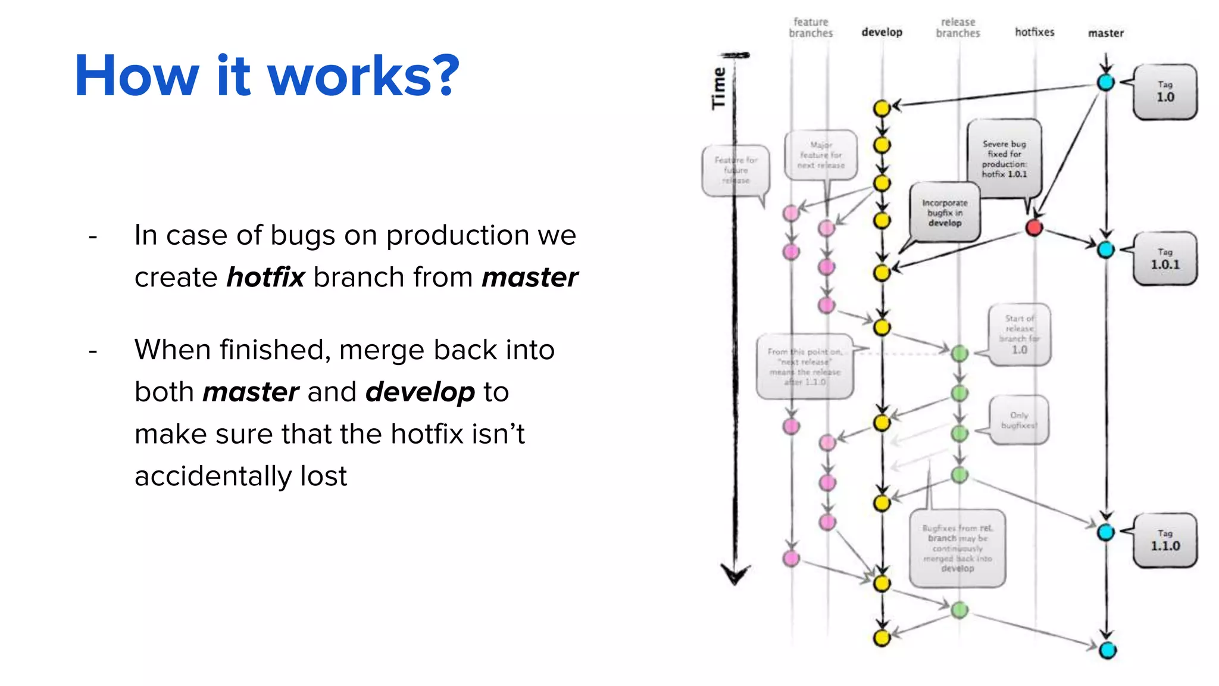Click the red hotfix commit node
pyautogui.click(x=1034, y=227)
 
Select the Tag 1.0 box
pyautogui.click(x=1165, y=92)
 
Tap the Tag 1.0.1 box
pyautogui.click(x=1165, y=259)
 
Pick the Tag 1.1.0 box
pyautogui.click(x=1165, y=540)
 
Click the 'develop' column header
pyautogui.click(x=882, y=32)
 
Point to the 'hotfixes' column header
pyautogui.click(x=1034, y=32)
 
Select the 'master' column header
pyautogui.click(x=1106, y=33)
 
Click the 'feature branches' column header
pyautogui.click(x=811, y=27)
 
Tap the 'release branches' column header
pyautogui.click(x=958, y=27)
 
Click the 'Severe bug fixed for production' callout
pyautogui.click(x=1004, y=158)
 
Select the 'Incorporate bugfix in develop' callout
pyautogui.click(x=945, y=213)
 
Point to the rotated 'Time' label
pyautogui.click(x=719, y=88)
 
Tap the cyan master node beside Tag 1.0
pyautogui.click(x=1106, y=82)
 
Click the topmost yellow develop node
pyautogui.click(x=882, y=108)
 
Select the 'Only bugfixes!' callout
pyautogui.click(x=1018, y=420)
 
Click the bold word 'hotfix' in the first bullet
pyautogui.click(x=265, y=277)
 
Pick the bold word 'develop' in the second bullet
pyautogui.click(x=420, y=392)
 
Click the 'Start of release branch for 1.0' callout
pyautogui.click(x=1019, y=334)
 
